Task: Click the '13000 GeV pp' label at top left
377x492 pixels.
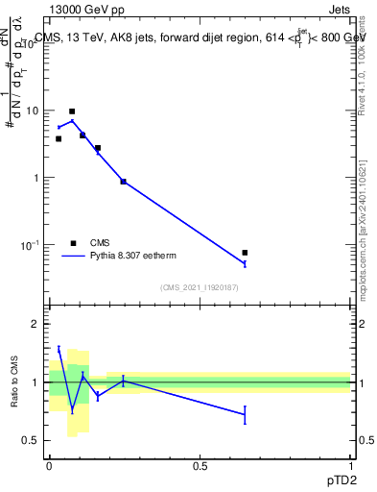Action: [x=87, y=10]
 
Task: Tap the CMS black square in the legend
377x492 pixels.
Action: [x=73, y=243]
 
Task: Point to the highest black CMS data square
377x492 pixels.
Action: [x=72, y=111]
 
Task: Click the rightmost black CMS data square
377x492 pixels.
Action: [x=246, y=253]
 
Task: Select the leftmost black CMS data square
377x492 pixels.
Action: [x=58, y=138]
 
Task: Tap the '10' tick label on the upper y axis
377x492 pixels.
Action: [x=33, y=111]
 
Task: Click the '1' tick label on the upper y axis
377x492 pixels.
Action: [x=35, y=178]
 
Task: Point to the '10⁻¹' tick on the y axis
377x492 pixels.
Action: [x=30, y=245]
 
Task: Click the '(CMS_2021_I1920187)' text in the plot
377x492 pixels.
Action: [x=199, y=286]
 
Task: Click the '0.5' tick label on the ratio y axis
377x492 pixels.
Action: [x=31, y=440]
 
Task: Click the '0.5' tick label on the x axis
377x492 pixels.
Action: [x=200, y=466]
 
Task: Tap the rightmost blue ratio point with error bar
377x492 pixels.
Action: [x=246, y=414]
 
